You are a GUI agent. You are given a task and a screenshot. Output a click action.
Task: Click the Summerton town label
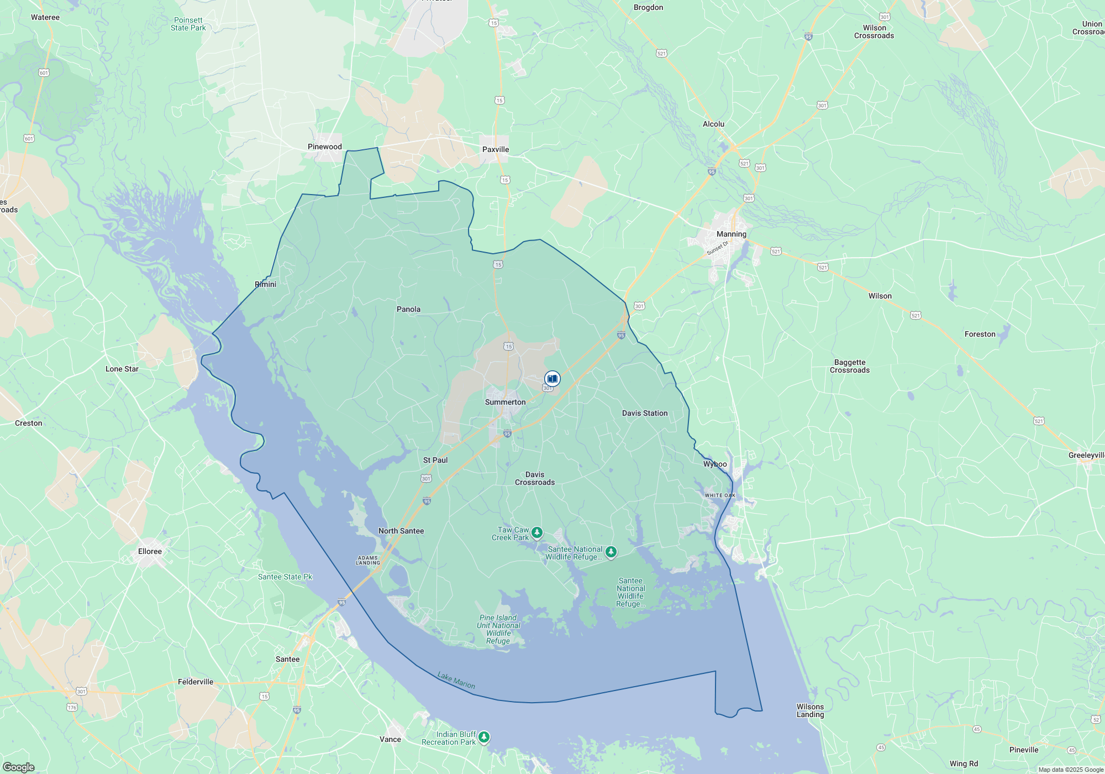coord(505,402)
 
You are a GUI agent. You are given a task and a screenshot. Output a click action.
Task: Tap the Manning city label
coord(731,234)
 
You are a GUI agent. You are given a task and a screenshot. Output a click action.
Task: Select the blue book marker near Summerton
coord(552,379)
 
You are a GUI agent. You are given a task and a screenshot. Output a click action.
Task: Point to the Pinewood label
coord(324,147)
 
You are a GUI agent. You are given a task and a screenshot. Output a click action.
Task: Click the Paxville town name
coord(495,149)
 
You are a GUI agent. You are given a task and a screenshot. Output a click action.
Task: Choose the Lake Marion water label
coord(456,680)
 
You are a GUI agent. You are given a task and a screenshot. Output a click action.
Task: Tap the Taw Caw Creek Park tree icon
coord(536,532)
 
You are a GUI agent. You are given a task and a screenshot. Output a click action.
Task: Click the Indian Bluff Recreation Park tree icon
coord(484,737)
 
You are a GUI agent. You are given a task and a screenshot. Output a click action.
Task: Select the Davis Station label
coord(644,413)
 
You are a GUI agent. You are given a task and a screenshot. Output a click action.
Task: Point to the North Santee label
coord(401,531)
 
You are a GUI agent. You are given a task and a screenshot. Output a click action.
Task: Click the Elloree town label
coord(150,551)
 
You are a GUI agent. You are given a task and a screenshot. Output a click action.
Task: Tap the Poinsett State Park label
coord(188,24)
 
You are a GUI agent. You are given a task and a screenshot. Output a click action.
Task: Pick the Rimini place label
coord(265,284)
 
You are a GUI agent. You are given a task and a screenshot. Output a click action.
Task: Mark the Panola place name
coord(408,309)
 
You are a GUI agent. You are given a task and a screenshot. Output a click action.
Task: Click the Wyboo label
coord(714,464)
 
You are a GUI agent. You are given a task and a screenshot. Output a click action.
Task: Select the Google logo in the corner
coord(18,767)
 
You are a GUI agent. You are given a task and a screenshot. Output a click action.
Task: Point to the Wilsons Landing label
coord(810,710)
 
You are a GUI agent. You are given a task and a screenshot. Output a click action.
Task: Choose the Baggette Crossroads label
coord(849,366)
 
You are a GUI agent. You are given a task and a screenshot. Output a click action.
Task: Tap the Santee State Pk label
coord(285,577)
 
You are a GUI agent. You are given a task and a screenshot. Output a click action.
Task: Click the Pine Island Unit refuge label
coord(498,629)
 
